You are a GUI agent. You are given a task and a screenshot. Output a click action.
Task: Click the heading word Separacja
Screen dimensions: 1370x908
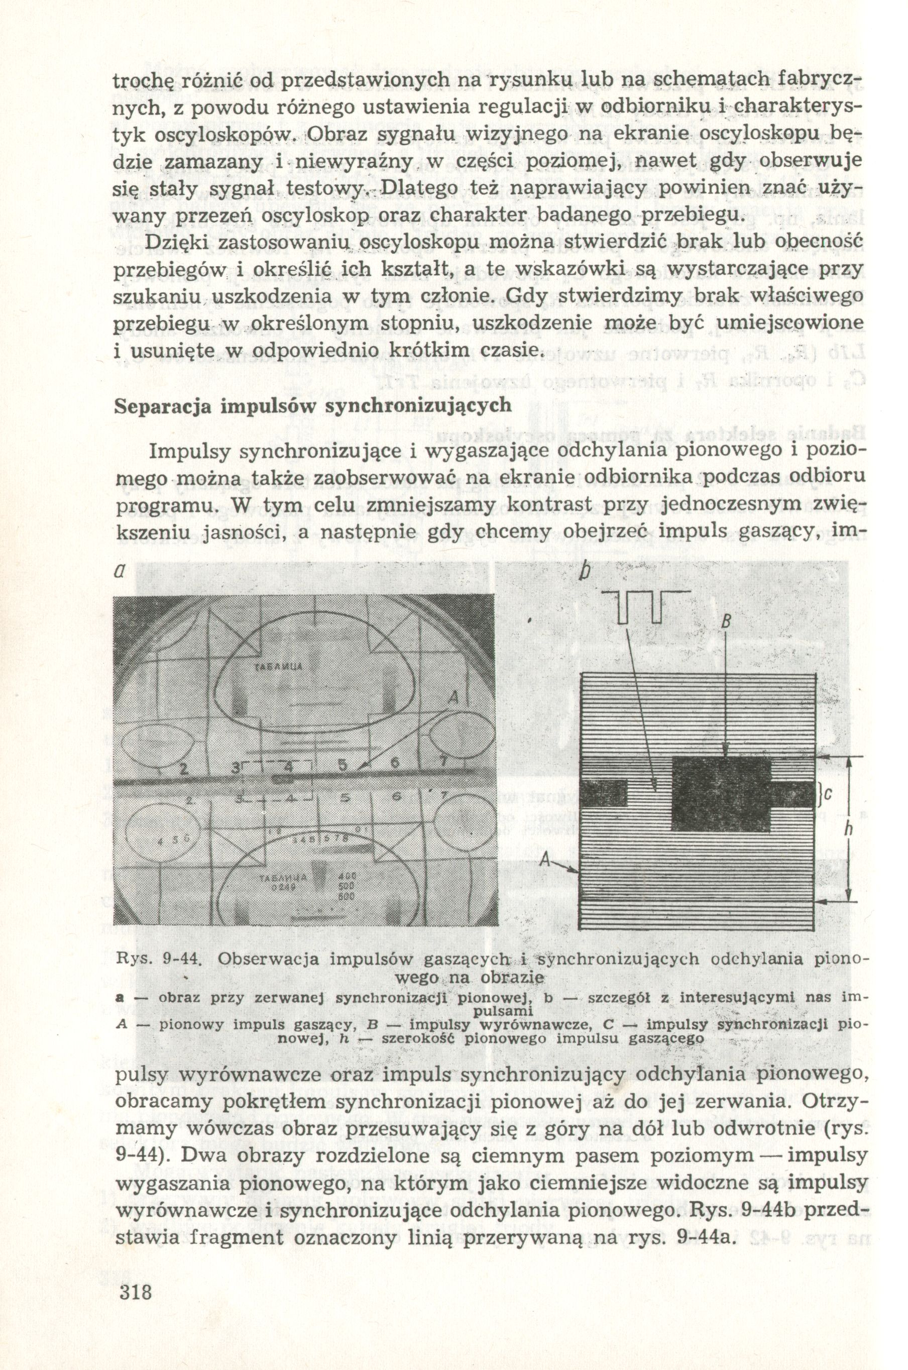click(x=158, y=405)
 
